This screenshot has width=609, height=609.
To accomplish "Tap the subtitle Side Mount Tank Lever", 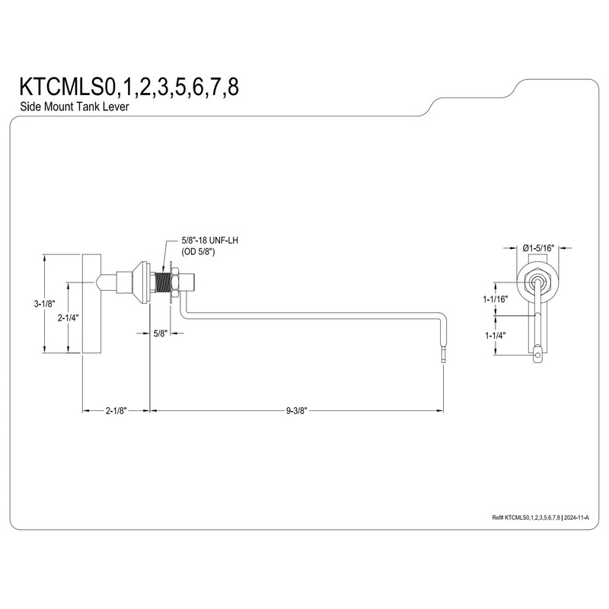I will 74,107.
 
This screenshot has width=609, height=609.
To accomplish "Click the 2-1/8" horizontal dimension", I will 116,410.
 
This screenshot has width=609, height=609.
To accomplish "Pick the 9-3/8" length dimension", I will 297,410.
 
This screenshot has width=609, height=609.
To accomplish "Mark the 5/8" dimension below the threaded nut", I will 160,333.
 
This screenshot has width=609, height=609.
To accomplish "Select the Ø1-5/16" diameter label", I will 537,247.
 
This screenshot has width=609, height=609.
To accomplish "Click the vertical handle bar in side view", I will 90,304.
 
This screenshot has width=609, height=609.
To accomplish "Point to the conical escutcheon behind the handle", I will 140,282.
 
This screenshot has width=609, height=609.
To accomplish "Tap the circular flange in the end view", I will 537,282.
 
